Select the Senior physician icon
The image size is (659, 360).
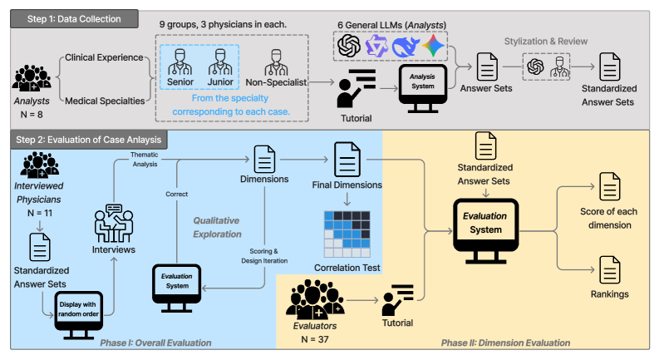point(180,62)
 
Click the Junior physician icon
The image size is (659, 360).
point(219,62)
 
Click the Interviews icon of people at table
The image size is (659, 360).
point(115,221)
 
